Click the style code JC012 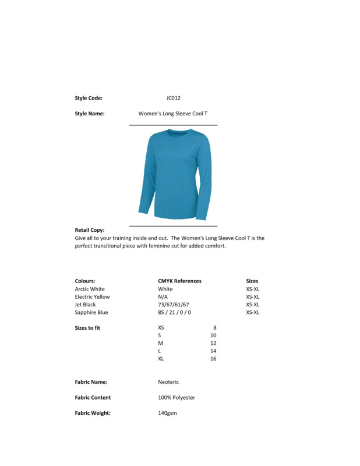[173, 98]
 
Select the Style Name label [89, 114]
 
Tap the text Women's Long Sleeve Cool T [172, 114]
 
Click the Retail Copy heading [89, 230]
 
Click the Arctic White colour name [90, 289]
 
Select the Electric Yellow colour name [92, 296]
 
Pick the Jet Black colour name [85, 305]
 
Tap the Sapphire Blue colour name [91, 312]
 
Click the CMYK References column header [179, 281]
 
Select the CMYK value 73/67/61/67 [173, 305]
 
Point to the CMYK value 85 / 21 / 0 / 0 [174, 312]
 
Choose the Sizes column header [252, 281]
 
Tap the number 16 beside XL [213, 359]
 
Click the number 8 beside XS [214, 327]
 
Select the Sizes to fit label [87, 328]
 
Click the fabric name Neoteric [168, 382]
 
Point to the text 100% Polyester [177, 397]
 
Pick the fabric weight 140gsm [167, 413]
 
